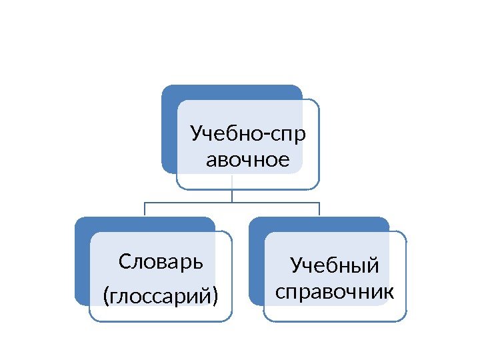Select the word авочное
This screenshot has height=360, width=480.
point(248,160)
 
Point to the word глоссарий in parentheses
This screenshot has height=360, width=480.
point(161,294)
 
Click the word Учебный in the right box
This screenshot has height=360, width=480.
point(335,266)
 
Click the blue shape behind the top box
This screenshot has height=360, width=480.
point(169,127)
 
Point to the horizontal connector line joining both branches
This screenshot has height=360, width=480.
point(232,202)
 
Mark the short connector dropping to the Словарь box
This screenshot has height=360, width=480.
point(145,209)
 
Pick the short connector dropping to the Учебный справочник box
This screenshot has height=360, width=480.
point(319,209)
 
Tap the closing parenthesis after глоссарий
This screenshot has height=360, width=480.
point(215,295)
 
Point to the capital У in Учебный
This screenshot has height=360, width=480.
point(297,267)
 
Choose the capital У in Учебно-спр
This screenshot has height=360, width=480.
point(196,135)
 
